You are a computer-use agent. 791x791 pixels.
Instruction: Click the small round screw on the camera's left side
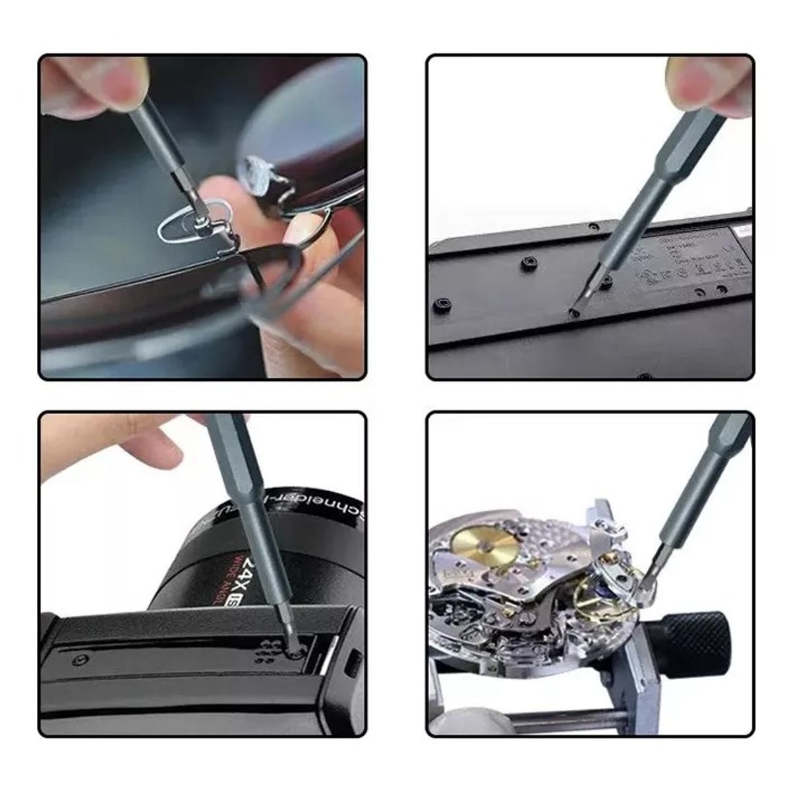point(81,659)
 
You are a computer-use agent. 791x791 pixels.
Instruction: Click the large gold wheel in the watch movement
point(485,544)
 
